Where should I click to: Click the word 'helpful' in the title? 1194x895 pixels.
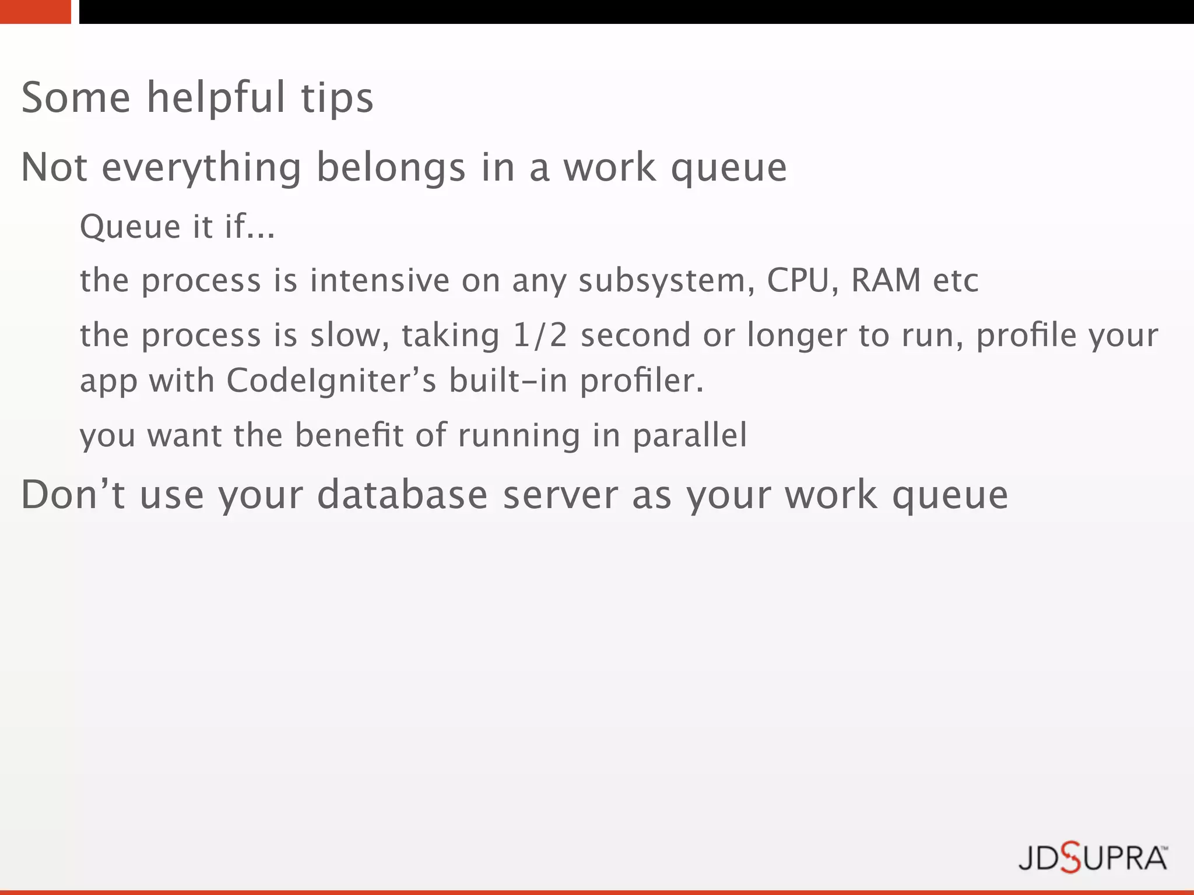pyautogui.click(x=216, y=98)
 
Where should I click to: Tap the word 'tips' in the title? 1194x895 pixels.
pyautogui.click(x=337, y=98)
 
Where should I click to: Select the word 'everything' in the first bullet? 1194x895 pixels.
pyautogui.click(x=202, y=168)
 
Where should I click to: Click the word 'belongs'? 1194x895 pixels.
pyautogui.click(x=391, y=168)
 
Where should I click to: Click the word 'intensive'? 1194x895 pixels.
pyautogui.click(x=380, y=280)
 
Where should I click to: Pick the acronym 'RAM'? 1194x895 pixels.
pyautogui.click(x=886, y=280)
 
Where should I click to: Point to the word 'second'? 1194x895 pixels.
pyautogui.click(x=635, y=335)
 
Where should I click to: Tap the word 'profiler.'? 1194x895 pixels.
pyautogui.click(x=642, y=382)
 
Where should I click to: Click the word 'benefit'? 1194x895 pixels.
pyautogui.click(x=349, y=435)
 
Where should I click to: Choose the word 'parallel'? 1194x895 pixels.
pyautogui.click(x=690, y=436)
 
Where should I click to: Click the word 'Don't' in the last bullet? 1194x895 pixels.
pyautogui.click(x=73, y=495)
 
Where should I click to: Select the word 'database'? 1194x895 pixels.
pyautogui.click(x=402, y=495)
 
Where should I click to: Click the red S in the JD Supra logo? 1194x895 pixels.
pyautogui.click(x=1070, y=858)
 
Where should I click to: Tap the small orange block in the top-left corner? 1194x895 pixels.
pyautogui.click(x=35, y=12)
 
